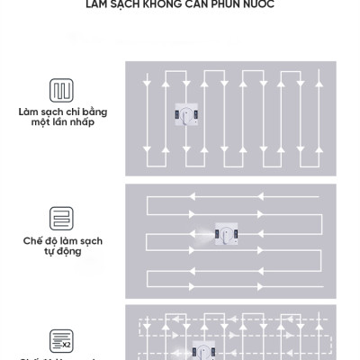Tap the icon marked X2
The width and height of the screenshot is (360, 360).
pyautogui.click(x=62, y=340)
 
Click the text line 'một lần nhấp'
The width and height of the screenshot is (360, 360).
pyautogui.click(x=62, y=122)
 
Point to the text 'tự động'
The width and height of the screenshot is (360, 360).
pyautogui.click(x=62, y=253)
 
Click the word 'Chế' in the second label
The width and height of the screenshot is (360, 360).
pyautogui.click(x=33, y=241)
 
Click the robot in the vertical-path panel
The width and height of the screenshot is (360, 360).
pyautogui.click(x=190, y=115)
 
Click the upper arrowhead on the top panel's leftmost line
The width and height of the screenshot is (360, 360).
pyautogui.click(x=147, y=82)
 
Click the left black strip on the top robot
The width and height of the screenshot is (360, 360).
pyautogui.click(x=178, y=115)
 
